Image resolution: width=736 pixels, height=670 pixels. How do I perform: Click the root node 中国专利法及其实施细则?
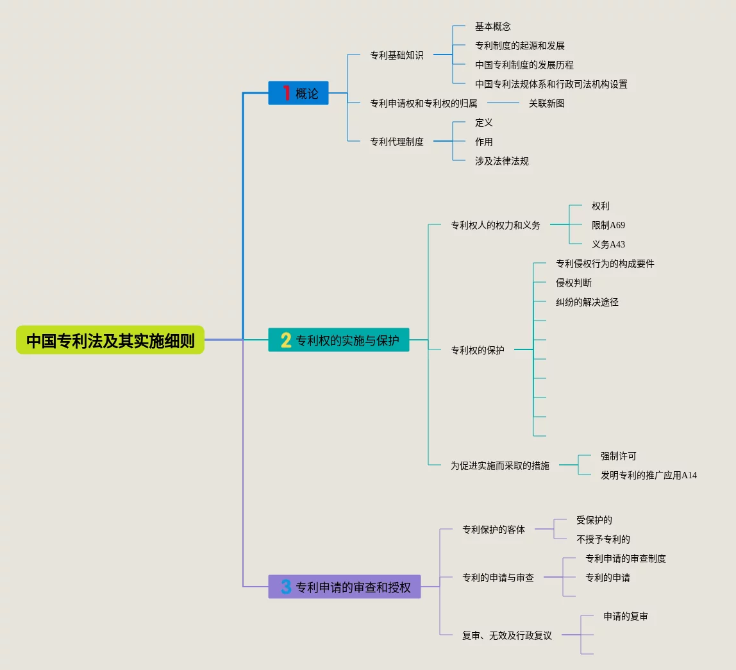point(110,340)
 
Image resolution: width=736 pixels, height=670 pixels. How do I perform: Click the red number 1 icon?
point(286,93)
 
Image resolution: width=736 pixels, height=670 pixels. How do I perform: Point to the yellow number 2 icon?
point(286,340)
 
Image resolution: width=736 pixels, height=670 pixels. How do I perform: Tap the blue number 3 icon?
point(286,587)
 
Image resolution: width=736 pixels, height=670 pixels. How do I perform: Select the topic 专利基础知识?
point(396,55)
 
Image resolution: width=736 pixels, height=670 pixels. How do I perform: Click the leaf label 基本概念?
point(492,26)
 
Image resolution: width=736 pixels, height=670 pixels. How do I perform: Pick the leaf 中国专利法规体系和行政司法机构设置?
point(551,84)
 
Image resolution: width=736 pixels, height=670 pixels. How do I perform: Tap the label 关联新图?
point(546,103)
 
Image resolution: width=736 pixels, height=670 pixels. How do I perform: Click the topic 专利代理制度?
point(396,142)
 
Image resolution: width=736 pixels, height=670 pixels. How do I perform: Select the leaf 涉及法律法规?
point(501,161)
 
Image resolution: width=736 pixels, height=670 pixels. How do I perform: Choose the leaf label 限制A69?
point(608,225)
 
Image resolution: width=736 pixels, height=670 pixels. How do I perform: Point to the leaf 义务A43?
point(608,244)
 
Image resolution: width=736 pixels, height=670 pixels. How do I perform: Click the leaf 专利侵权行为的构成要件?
point(605,264)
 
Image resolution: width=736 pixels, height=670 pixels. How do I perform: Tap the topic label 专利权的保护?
point(477,350)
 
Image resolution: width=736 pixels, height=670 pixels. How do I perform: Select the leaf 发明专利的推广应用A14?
point(648,475)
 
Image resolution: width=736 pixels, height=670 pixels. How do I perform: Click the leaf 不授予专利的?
point(603,539)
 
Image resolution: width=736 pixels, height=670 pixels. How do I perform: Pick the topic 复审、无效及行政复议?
point(506,635)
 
